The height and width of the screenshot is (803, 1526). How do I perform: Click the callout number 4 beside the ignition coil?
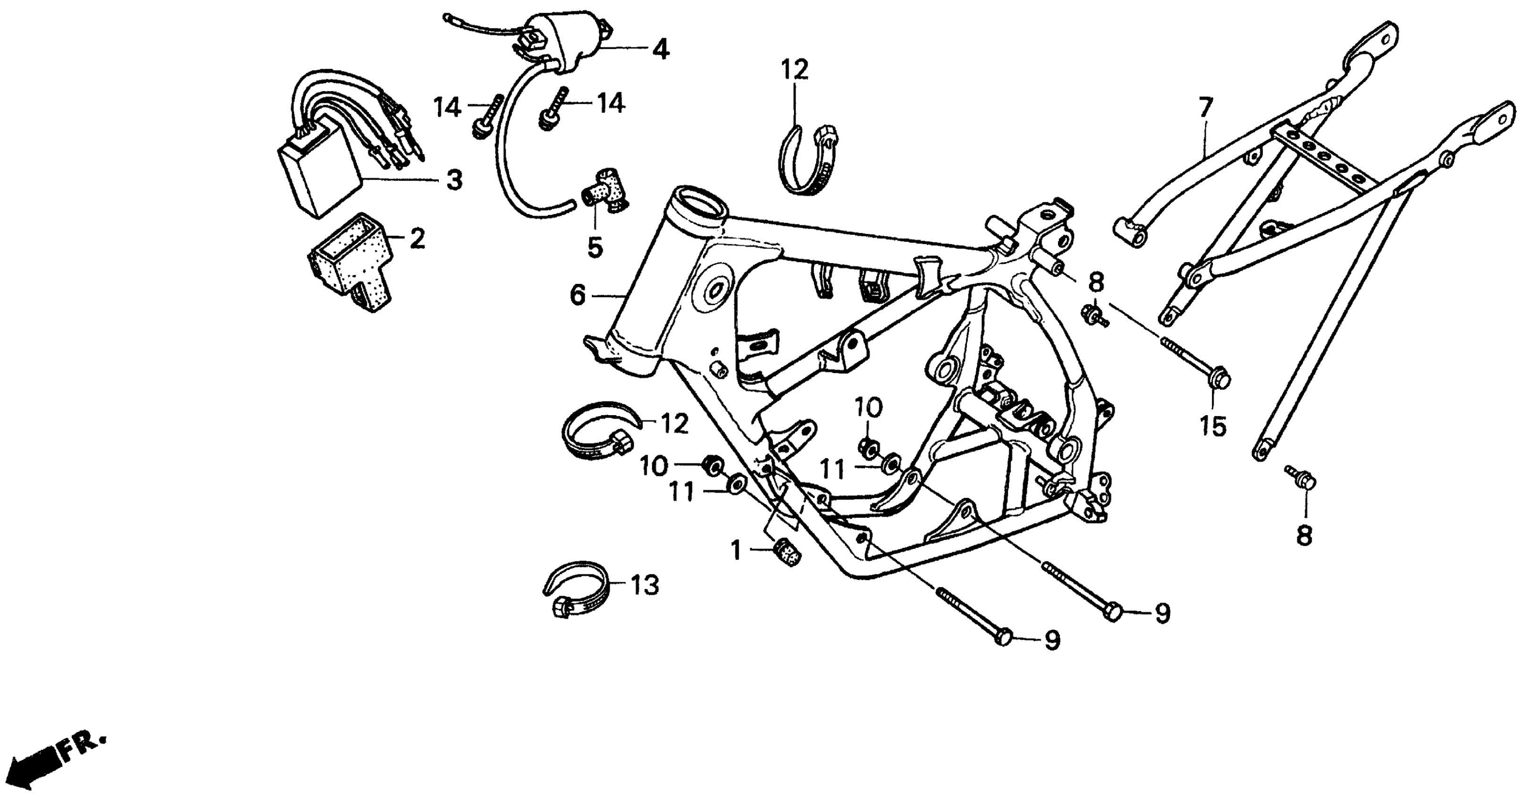click(661, 49)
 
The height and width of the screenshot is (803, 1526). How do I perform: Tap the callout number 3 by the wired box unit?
click(454, 179)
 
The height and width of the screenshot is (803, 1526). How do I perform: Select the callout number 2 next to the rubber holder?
click(417, 239)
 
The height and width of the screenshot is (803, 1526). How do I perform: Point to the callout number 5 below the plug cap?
click(595, 247)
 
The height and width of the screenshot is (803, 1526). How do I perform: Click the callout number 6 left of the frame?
click(578, 295)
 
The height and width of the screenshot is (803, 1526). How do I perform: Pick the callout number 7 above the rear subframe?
click(1205, 107)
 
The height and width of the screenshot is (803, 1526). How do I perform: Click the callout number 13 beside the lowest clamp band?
click(645, 586)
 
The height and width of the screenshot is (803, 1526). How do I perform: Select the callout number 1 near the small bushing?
click(736, 551)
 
